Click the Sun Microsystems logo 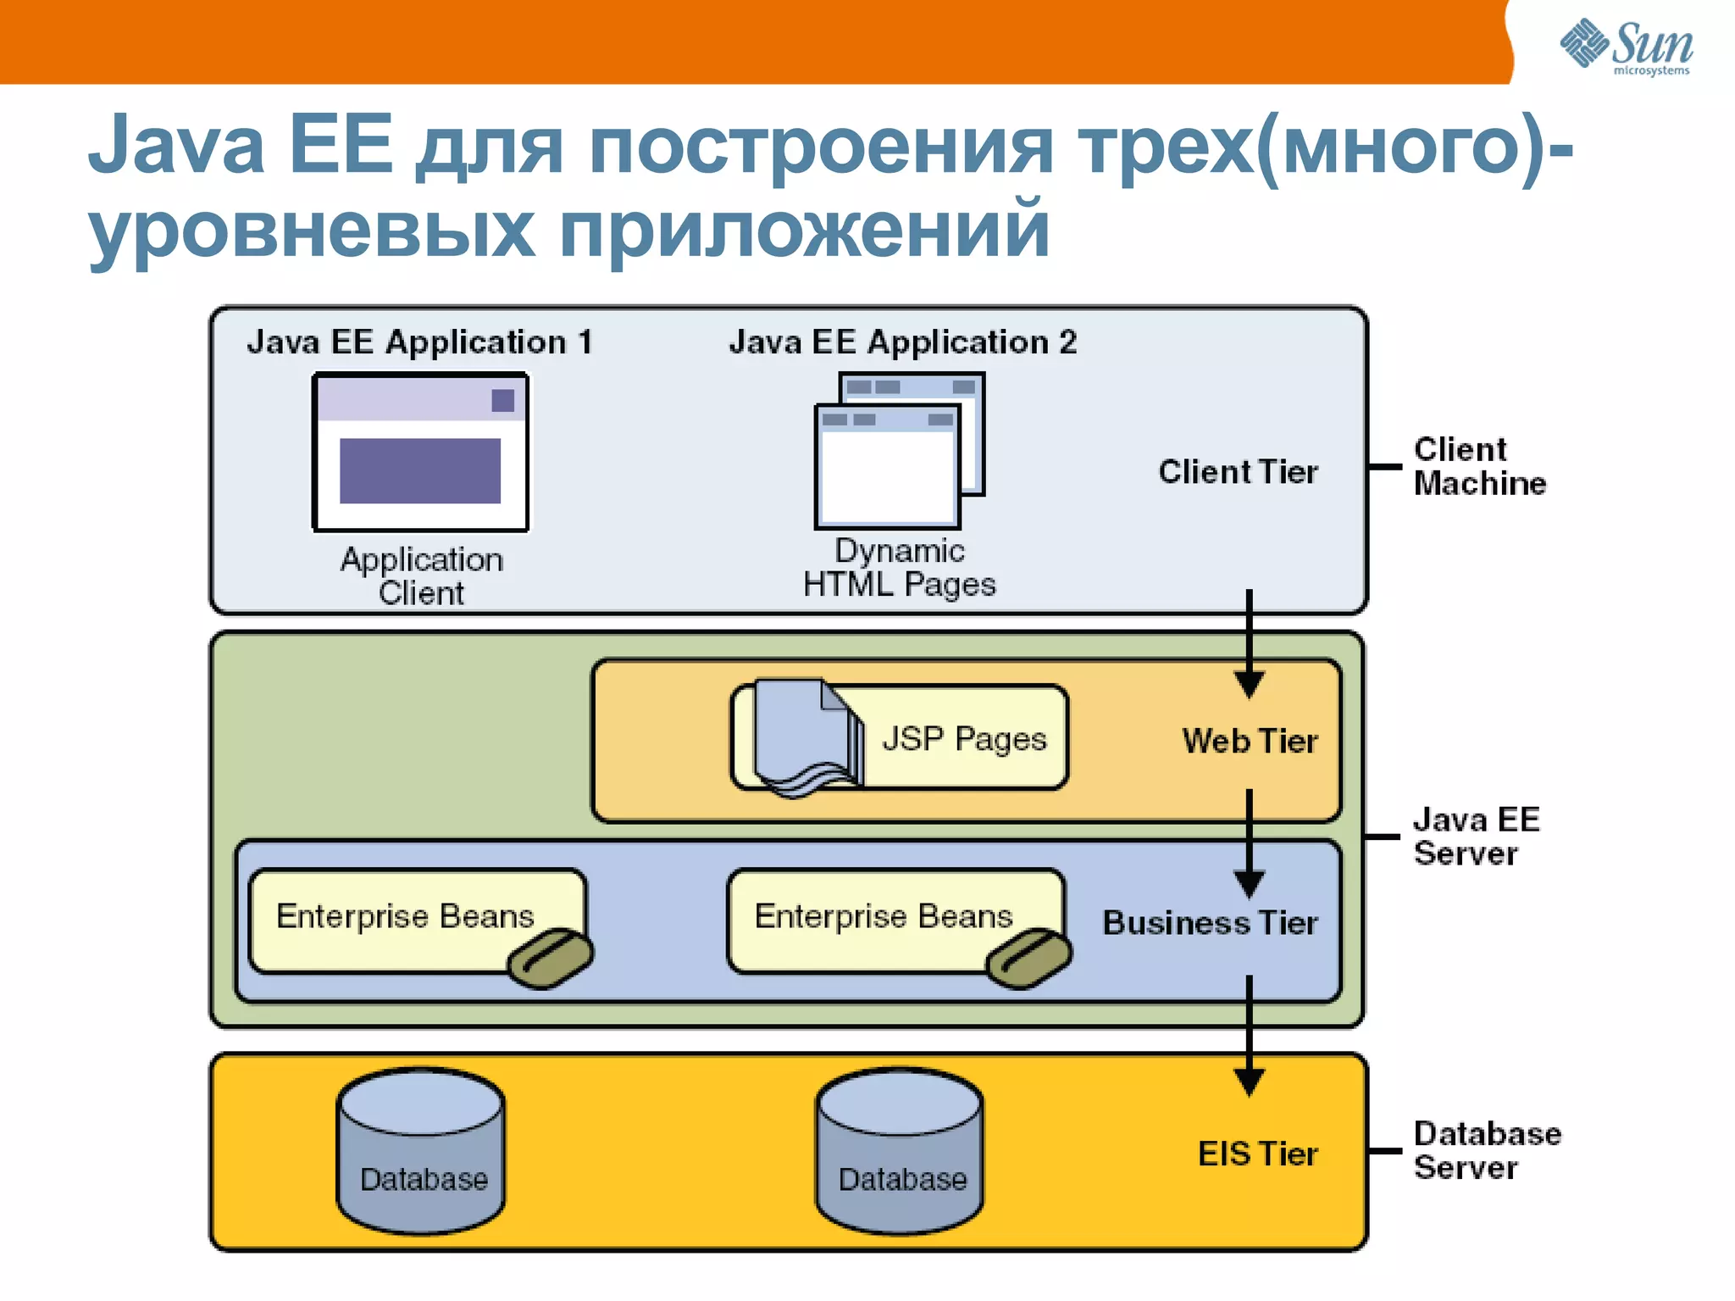point(1626,47)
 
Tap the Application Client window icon point(421,453)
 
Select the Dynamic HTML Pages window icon point(897,452)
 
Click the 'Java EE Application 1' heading point(420,342)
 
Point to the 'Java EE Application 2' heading point(903,342)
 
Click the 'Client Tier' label point(1238,472)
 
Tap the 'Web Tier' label point(1250,742)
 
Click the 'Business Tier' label point(1210,923)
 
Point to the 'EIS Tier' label point(1257,1154)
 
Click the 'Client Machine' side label point(1479,466)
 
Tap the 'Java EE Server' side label point(1476,837)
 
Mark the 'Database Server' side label point(1487,1150)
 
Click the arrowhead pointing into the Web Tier point(1249,684)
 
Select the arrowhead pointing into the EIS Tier point(1249,1082)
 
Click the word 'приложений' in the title point(804,229)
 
